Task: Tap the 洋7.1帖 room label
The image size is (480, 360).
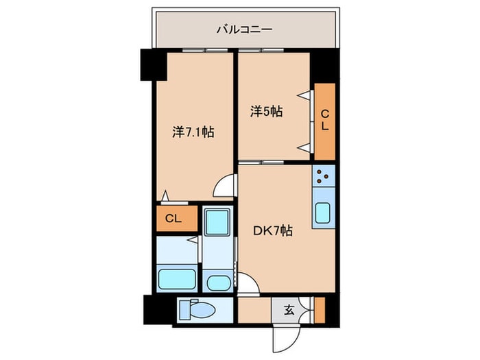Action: (193, 132)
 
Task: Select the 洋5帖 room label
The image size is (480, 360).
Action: (266, 111)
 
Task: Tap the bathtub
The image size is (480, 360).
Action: (178, 278)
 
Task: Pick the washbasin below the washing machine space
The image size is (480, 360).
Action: (219, 282)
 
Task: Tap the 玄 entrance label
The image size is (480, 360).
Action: (289, 311)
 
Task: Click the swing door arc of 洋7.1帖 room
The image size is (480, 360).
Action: (225, 187)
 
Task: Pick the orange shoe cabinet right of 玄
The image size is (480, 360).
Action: (319, 310)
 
